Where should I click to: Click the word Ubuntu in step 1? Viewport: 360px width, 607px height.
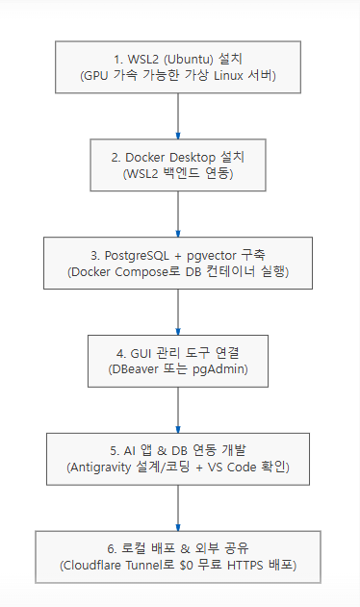[189, 60]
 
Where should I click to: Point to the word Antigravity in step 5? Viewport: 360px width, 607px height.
[100, 468]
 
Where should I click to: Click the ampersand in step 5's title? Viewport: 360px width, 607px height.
[162, 451]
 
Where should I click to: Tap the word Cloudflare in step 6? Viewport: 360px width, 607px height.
[90, 566]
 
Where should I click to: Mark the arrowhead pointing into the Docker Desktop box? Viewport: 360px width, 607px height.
[178, 137]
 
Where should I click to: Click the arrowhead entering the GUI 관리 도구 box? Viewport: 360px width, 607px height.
[178, 332]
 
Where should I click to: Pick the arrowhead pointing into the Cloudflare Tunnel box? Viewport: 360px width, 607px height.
[178, 528]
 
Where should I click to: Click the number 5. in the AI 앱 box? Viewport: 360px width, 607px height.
[115, 451]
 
